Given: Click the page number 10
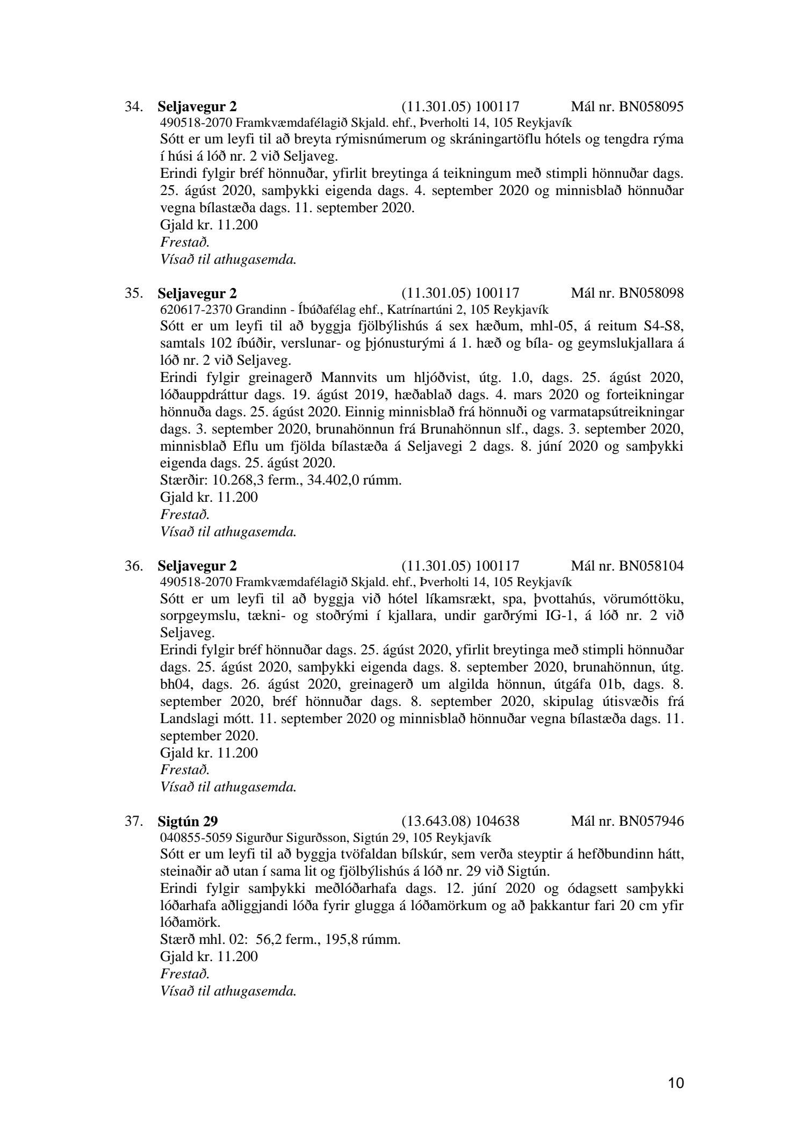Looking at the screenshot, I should (677, 1083).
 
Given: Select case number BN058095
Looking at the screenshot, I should (651, 106).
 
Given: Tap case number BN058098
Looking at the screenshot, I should (651, 293).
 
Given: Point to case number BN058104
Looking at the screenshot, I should (651, 566).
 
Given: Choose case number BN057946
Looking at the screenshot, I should (651, 821).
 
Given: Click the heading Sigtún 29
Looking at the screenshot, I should (188, 821).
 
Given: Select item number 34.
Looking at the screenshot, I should (133, 106).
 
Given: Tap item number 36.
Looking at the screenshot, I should (133, 566).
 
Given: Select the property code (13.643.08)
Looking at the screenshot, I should (436, 821).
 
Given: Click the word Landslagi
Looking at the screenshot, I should (186, 719).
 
